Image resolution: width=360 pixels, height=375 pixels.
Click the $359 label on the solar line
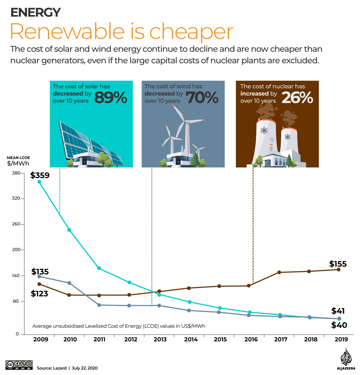pyautogui.click(x=40, y=176)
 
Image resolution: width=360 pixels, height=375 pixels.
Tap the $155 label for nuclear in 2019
pyautogui.click(x=338, y=264)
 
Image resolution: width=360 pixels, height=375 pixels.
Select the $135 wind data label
pyautogui.click(x=40, y=272)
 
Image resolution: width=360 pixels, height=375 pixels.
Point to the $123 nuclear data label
pyautogui.click(x=40, y=293)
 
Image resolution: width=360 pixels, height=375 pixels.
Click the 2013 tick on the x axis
pyautogui.click(x=159, y=339)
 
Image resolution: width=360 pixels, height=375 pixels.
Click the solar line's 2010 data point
pyautogui.click(x=69, y=230)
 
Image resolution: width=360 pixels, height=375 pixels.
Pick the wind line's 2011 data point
pyautogui.click(x=99, y=305)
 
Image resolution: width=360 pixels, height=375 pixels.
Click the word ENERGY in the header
pyautogui.click(x=35, y=13)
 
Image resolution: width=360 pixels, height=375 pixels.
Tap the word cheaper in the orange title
pyautogui.click(x=191, y=32)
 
